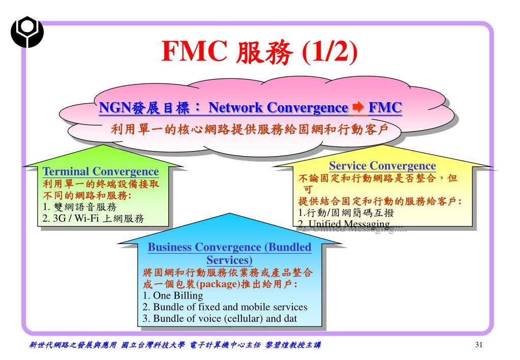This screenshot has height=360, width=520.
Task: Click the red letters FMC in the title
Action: point(194,52)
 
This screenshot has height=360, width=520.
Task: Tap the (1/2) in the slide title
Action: point(330,52)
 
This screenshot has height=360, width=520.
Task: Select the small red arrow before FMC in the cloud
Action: point(358,107)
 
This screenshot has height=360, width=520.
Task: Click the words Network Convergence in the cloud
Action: point(278,108)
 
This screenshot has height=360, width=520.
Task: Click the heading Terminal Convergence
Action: point(101,172)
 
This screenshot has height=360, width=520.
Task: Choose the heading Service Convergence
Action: point(382,166)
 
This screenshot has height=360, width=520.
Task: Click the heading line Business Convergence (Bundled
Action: point(229,248)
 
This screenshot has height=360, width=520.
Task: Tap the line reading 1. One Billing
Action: point(173,295)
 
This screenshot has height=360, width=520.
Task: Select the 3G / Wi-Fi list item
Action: point(94,219)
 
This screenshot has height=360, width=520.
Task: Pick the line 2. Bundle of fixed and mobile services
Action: point(225,307)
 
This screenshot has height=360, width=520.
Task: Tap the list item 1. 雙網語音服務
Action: point(80,207)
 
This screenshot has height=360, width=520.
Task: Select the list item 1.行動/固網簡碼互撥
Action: point(346,213)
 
